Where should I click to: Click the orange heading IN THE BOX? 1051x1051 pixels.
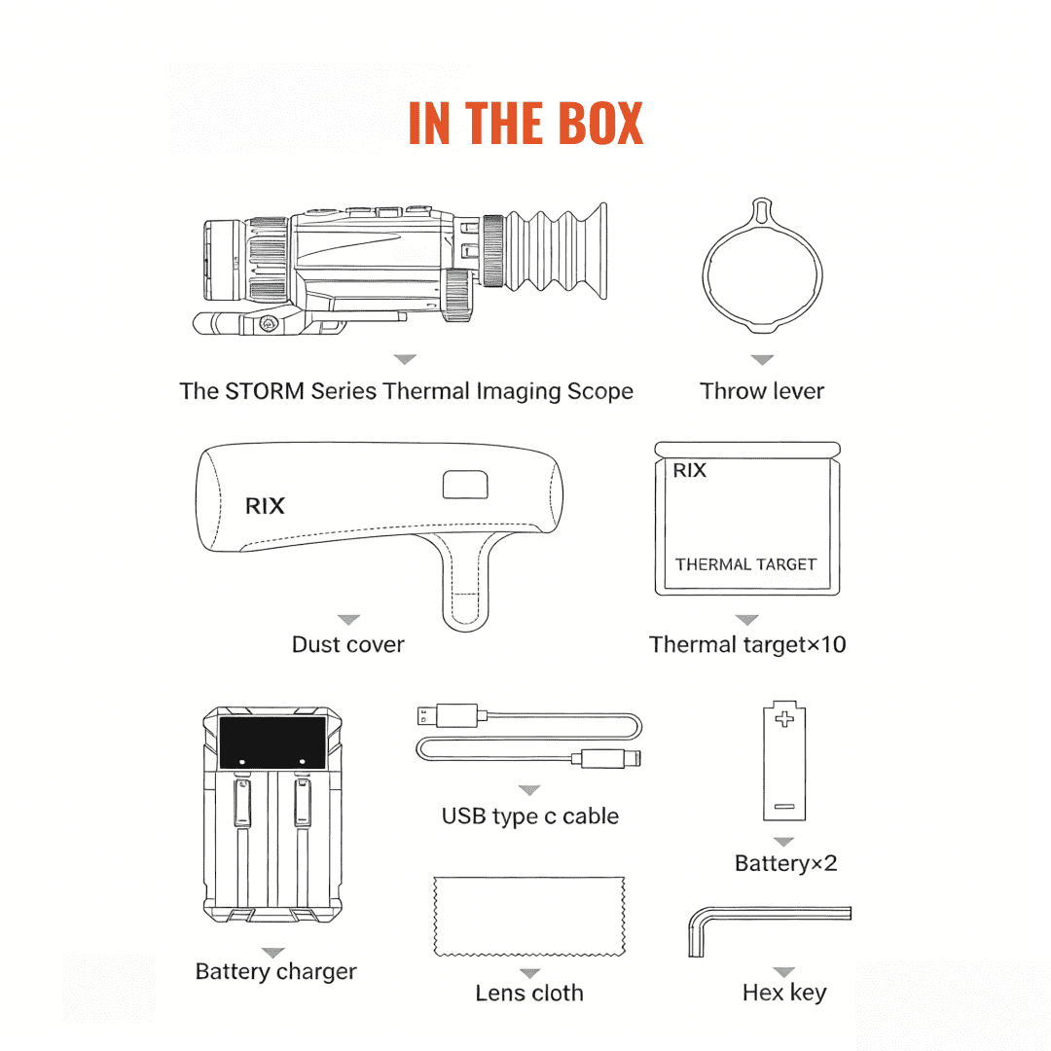525,123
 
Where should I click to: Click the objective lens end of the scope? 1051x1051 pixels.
224,260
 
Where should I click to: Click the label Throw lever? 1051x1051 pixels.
762,391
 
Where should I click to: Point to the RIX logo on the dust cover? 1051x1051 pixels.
265,505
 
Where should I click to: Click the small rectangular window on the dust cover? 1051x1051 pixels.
465,485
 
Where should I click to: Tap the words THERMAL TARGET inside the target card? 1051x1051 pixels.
745,564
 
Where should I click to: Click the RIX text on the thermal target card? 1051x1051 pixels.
689,471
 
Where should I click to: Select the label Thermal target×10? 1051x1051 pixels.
747,644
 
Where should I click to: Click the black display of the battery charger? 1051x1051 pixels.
272,743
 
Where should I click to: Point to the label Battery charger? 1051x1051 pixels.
275,971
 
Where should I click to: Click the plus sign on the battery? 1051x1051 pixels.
784,719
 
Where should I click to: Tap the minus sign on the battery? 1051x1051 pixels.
784,807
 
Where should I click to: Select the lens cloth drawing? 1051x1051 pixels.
529,917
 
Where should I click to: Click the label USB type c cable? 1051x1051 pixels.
529,815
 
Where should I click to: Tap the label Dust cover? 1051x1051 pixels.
347,644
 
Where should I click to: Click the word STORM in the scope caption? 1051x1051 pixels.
265,391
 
